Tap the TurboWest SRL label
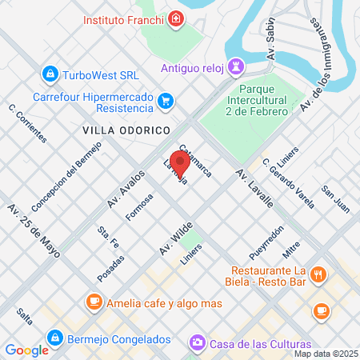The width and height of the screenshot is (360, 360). [101, 74]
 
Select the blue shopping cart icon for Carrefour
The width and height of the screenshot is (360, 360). [166, 101]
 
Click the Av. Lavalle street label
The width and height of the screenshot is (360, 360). [254, 189]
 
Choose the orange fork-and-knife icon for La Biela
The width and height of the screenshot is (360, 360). [318, 275]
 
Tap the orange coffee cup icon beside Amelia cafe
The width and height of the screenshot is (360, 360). [94, 302]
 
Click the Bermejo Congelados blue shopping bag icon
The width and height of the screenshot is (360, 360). [54, 336]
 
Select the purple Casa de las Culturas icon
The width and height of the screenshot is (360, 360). [196, 342]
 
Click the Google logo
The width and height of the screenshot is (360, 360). [26, 350]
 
